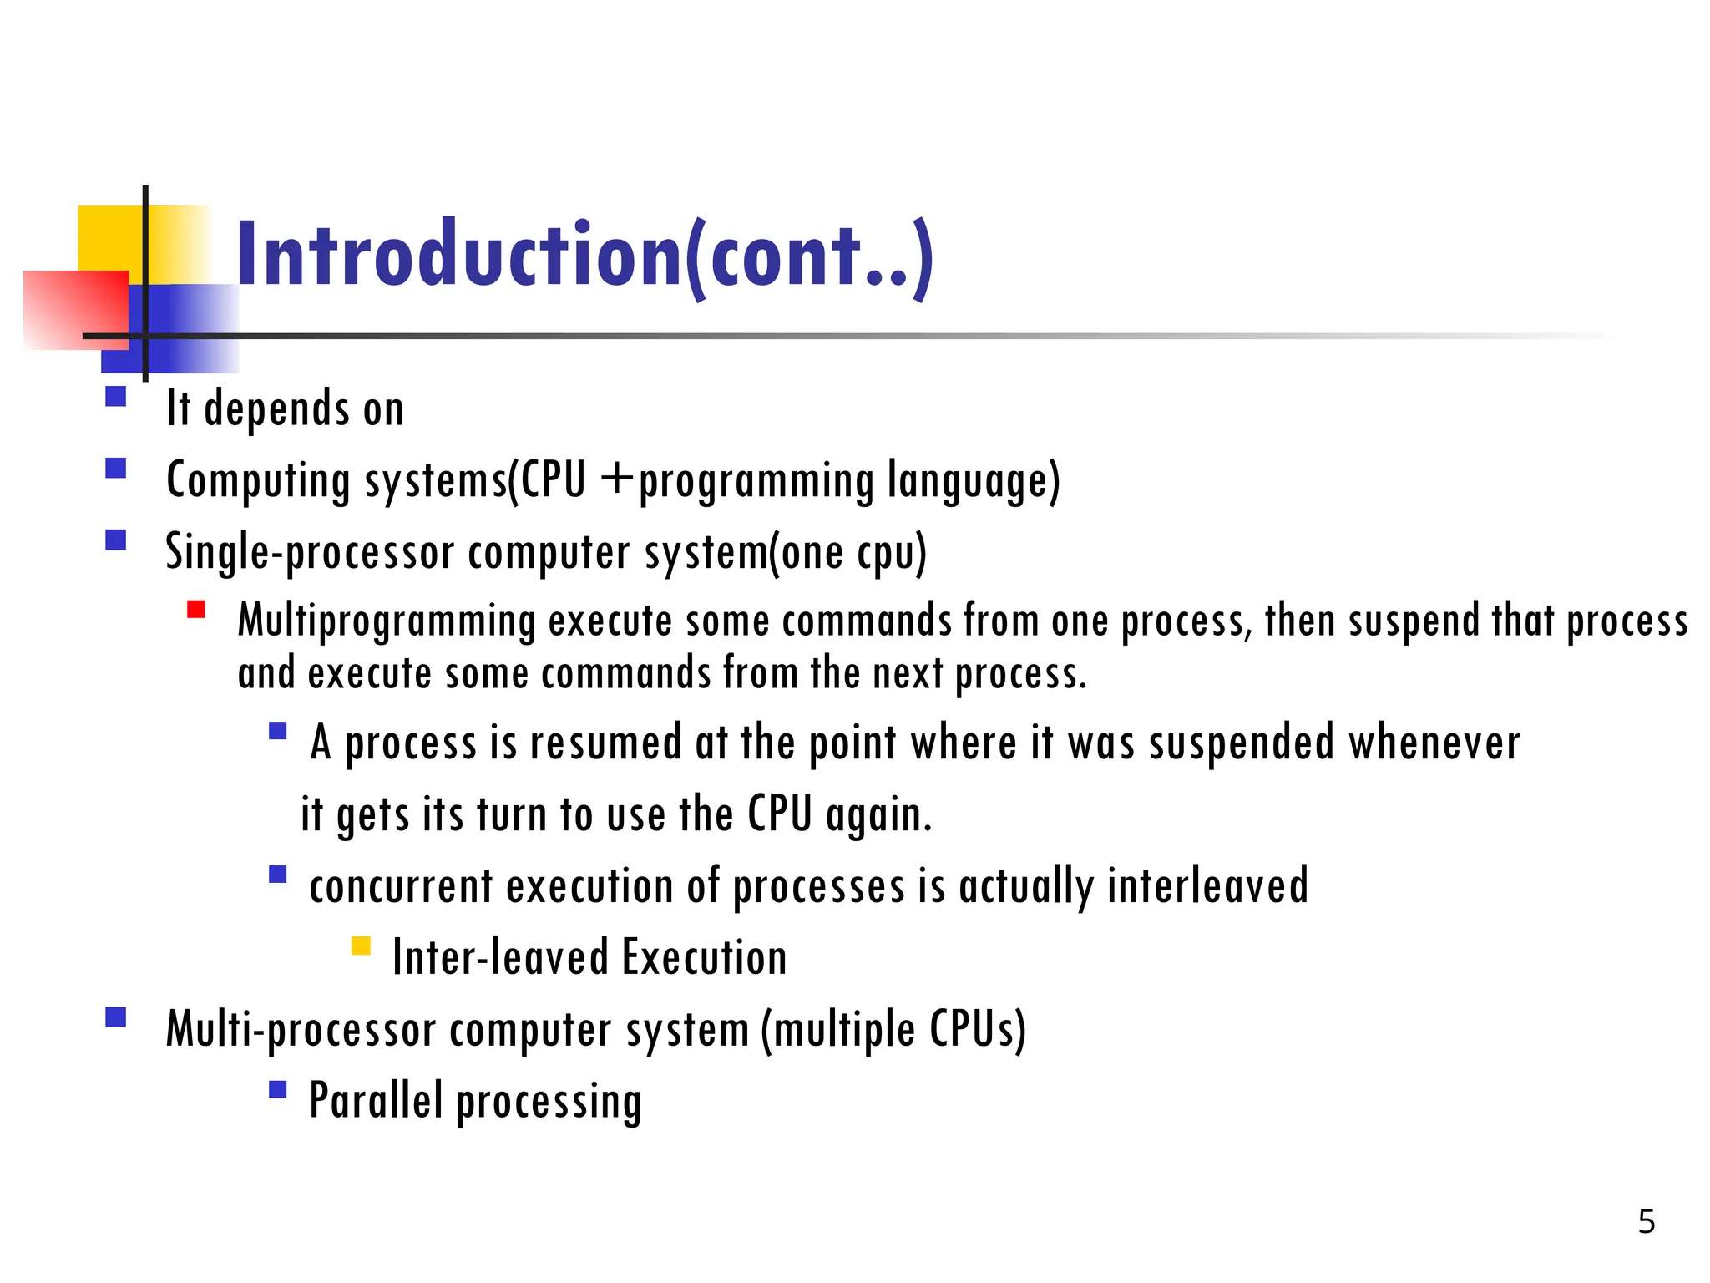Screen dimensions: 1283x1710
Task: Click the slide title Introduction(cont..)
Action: tap(584, 255)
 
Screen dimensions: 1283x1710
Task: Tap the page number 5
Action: tap(1646, 1222)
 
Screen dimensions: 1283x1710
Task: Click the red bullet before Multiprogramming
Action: tap(196, 610)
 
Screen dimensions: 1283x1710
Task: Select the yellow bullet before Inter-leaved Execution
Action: tap(361, 946)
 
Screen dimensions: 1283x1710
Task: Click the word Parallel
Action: tap(375, 1100)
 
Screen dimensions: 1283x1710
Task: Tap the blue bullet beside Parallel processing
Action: tap(278, 1089)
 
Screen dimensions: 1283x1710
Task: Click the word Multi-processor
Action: tap(300, 1029)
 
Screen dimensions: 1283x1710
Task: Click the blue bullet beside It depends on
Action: tap(116, 396)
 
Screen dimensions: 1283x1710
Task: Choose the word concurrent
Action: tap(401, 886)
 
